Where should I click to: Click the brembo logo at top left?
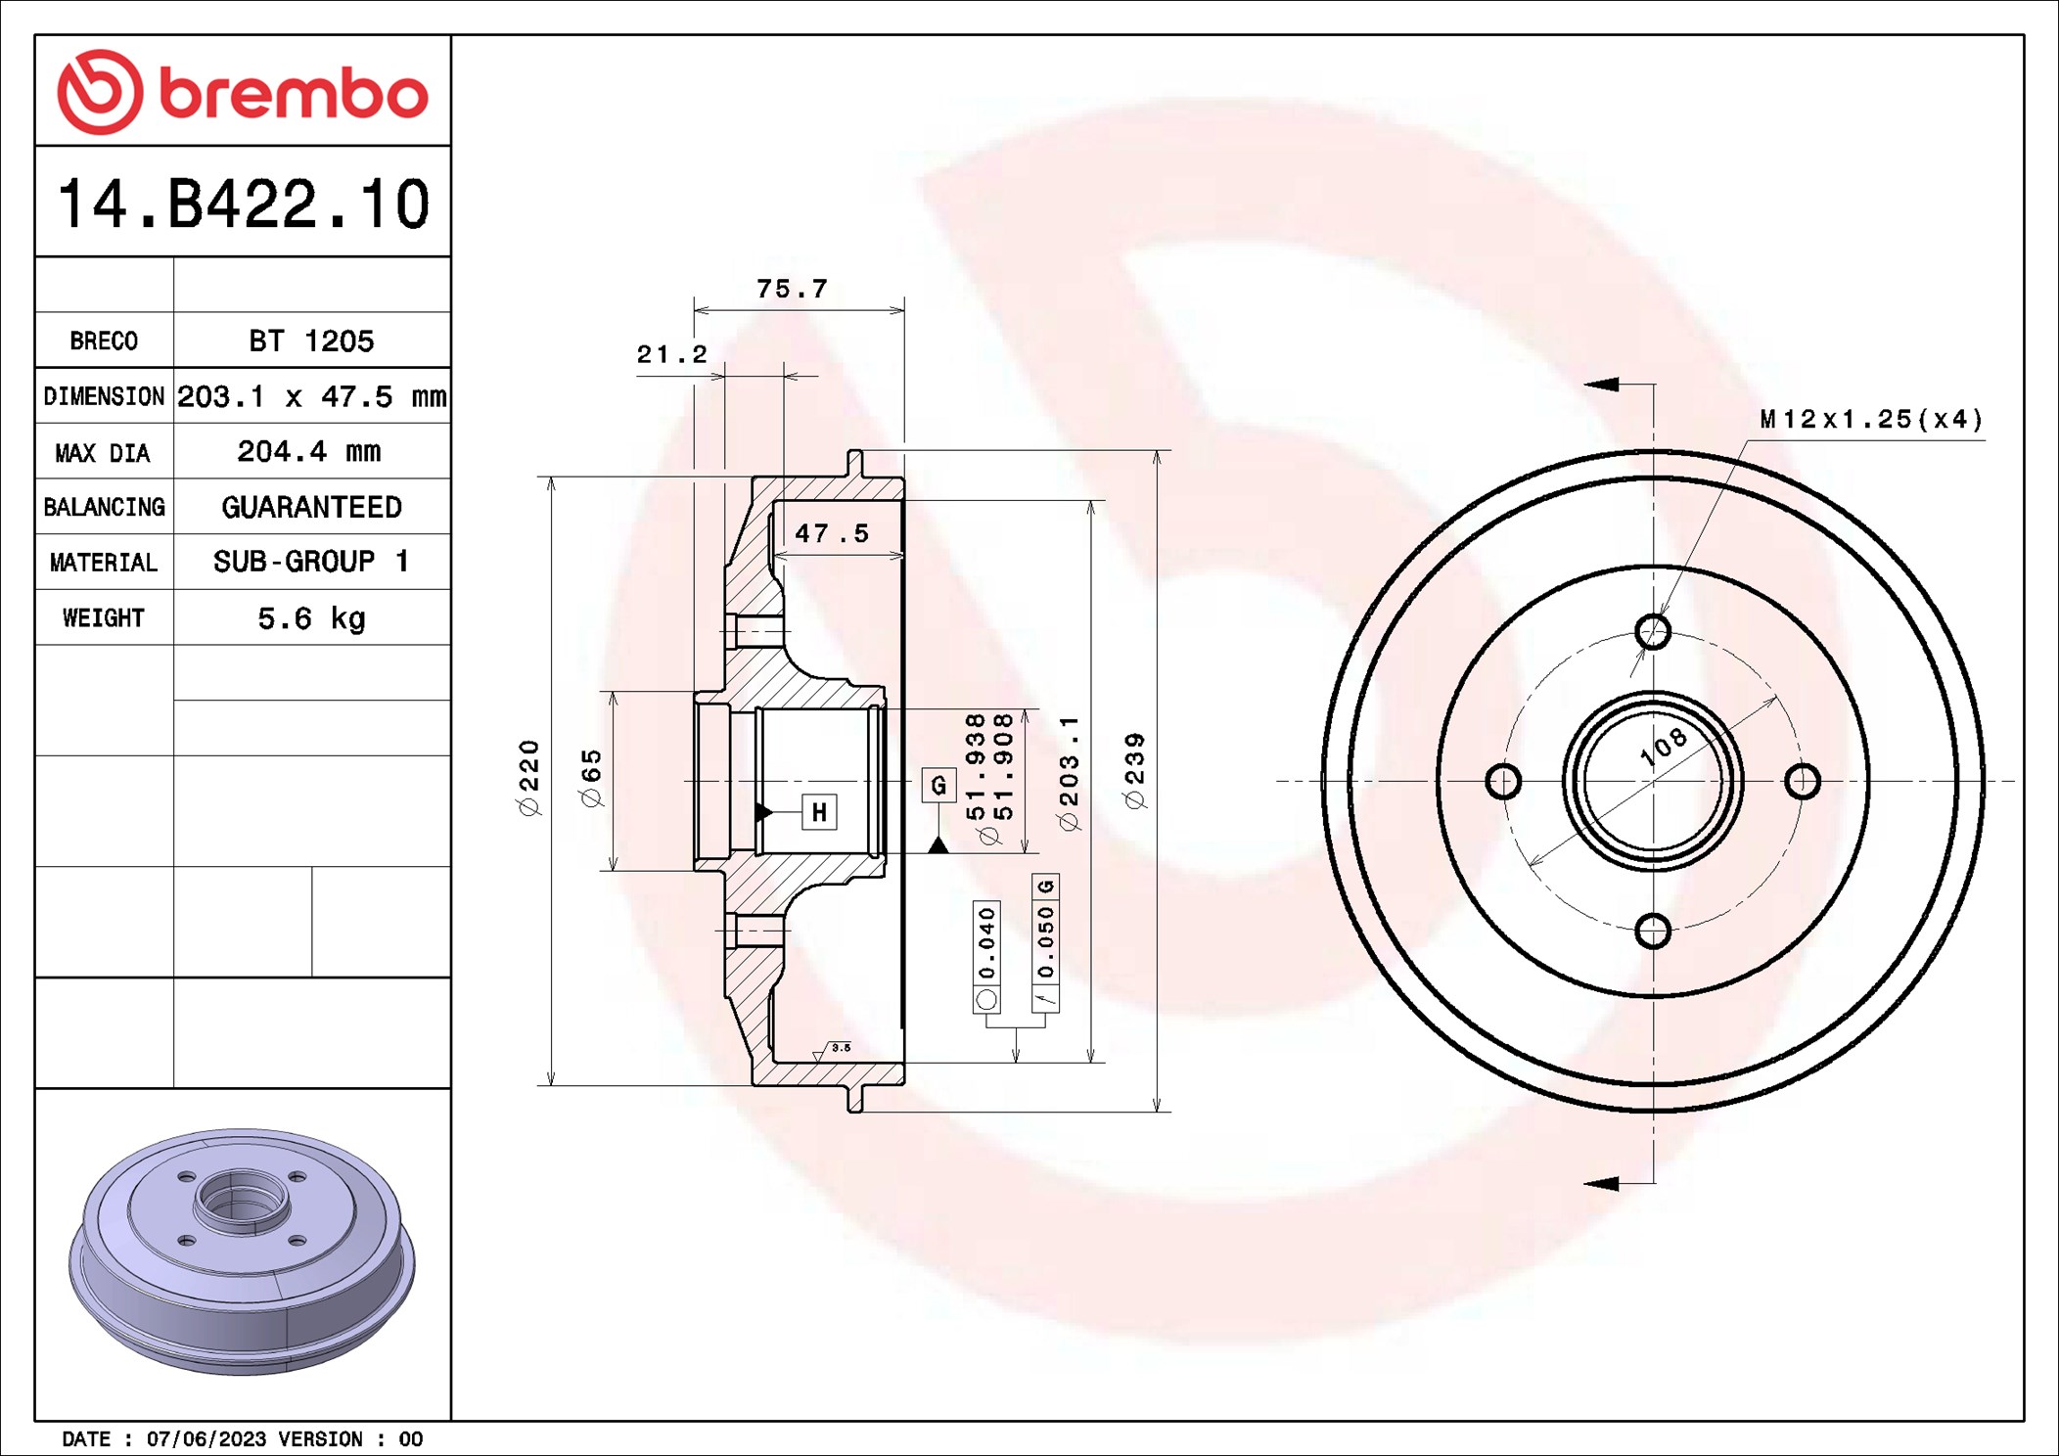pos(243,92)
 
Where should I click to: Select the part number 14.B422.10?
pos(243,204)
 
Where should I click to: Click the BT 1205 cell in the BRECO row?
pos(311,341)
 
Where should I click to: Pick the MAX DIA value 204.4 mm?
pos(309,451)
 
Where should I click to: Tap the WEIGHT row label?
pos(104,617)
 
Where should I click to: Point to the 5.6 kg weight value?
pos(311,618)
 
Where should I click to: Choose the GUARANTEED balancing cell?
pos(311,507)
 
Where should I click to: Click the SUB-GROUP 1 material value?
pos(311,562)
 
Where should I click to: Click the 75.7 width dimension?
pos(792,289)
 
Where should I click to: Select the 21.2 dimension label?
pos(671,354)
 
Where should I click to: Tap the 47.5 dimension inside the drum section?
pos(831,533)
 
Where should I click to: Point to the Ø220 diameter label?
pos(528,778)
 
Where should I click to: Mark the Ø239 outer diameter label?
pos(1135,771)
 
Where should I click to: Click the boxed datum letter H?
pos(819,812)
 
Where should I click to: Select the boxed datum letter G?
pos(938,785)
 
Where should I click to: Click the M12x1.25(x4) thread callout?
pos(1871,420)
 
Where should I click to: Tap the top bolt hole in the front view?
pos(1653,631)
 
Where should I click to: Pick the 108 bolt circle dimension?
pos(1664,747)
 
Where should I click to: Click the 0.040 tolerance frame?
pos(986,956)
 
